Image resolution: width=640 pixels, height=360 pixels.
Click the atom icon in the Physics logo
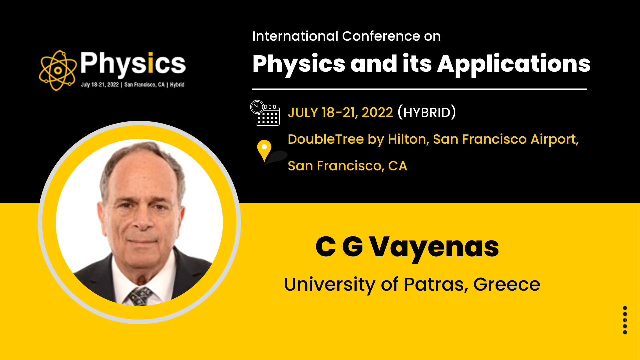[x=58, y=70]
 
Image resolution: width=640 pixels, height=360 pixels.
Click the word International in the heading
[x=295, y=36]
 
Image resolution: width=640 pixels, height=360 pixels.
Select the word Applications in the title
[x=514, y=65]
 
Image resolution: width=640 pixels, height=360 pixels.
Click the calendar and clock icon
[x=265, y=113]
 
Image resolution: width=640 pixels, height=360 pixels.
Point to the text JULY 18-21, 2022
[x=340, y=113]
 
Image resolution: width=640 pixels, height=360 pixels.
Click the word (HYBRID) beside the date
[x=427, y=112]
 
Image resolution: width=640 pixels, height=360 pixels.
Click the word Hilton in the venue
[x=409, y=139]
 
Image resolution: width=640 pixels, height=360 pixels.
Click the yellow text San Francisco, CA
[x=347, y=166]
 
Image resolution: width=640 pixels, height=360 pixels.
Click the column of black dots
[x=625, y=320]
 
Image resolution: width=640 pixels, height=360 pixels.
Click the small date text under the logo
[x=133, y=85]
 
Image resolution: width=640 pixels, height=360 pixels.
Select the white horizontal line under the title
[x=419, y=89]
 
